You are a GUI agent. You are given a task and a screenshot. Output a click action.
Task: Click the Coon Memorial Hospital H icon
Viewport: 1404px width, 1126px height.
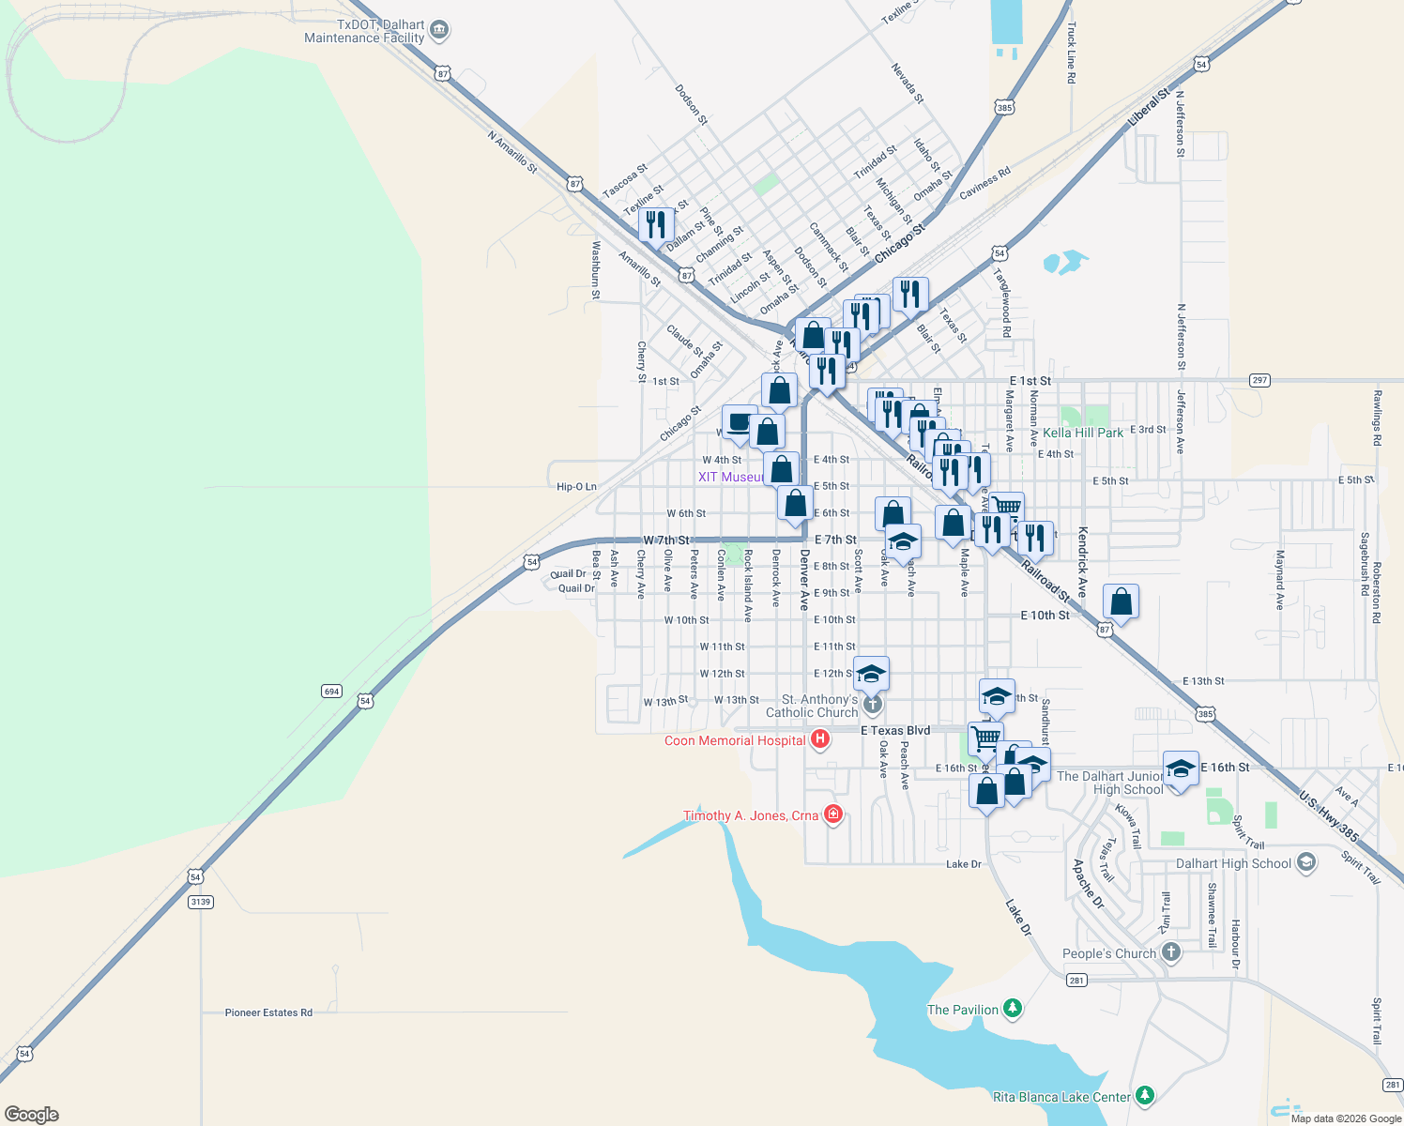(x=820, y=740)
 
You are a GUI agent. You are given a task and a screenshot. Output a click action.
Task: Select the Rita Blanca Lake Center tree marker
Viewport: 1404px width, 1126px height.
(x=1144, y=1096)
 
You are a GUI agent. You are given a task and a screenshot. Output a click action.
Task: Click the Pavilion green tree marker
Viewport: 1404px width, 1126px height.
(x=1012, y=1009)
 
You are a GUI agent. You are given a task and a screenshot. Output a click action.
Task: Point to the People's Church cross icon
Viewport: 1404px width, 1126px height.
(x=1170, y=952)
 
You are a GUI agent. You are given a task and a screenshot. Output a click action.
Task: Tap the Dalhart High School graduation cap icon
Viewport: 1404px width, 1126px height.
(x=1305, y=863)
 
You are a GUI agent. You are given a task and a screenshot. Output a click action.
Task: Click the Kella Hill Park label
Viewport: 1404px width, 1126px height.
(x=1082, y=433)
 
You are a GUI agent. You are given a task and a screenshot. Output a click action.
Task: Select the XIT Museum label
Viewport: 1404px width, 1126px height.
(x=730, y=477)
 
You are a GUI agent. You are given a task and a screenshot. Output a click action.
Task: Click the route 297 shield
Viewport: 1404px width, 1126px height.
(x=1259, y=380)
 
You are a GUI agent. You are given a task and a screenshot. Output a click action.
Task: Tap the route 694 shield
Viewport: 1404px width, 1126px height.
(x=331, y=692)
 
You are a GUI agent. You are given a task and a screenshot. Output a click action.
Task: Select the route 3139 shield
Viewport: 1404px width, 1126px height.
(x=200, y=902)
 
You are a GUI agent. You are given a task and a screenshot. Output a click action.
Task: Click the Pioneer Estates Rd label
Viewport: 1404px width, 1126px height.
(x=268, y=1012)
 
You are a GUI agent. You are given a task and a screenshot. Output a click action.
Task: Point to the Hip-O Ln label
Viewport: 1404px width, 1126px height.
(x=576, y=487)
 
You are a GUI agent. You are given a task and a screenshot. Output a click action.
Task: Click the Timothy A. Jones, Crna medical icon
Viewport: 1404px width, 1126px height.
(x=832, y=814)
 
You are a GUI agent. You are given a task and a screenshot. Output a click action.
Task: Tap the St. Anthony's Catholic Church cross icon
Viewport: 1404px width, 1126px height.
(x=872, y=704)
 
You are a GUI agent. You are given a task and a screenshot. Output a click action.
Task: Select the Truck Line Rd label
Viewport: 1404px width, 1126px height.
(x=1071, y=53)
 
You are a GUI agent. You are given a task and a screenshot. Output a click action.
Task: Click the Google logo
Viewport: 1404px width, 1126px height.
(x=32, y=1114)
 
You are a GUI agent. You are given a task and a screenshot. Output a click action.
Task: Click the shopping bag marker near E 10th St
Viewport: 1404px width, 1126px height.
(x=1121, y=601)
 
